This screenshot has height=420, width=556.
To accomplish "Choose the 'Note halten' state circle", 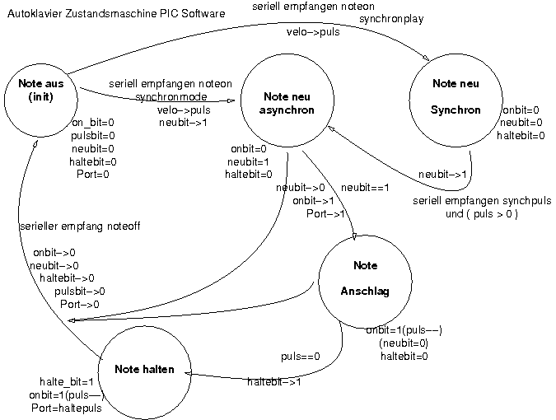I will (x=144, y=370).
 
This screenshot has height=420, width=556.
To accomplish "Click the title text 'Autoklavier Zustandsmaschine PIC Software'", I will (x=116, y=14).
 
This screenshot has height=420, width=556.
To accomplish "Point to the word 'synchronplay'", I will (x=391, y=19).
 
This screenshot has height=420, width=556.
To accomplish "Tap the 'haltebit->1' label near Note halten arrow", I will (x=274, y=382).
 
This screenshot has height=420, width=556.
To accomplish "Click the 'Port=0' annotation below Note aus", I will (x=92, y=175).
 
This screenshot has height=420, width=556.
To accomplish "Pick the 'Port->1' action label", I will (x=325, y=213).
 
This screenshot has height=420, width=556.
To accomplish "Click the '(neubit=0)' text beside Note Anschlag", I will (x=404, y=343).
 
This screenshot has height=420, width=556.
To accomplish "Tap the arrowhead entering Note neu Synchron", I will (x=427, y=58).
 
